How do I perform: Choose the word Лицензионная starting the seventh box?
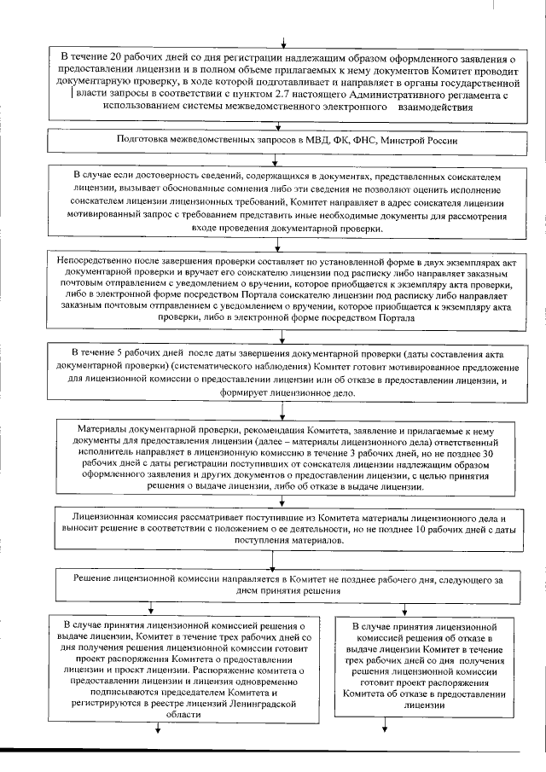(108, 518)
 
